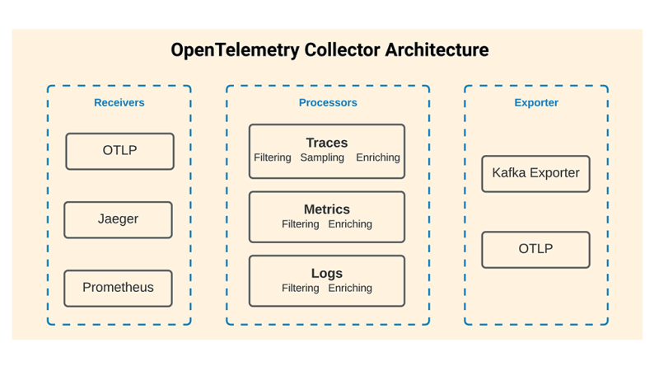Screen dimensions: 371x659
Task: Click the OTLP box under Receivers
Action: (119, 151)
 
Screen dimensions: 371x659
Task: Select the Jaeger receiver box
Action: (118, 219)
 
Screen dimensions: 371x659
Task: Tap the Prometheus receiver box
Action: (118, 288)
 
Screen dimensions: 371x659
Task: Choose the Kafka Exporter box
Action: (535, 173)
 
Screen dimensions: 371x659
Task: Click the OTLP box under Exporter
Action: (535, 249)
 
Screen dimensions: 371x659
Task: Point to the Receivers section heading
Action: (119, 103)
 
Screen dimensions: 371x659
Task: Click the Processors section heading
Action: (328, 103)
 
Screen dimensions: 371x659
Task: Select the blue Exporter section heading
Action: (536, 103)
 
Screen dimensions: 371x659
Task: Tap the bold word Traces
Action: (327, 143)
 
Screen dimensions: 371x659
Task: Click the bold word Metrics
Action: (327, 209)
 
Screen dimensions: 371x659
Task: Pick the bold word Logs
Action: (327, 273)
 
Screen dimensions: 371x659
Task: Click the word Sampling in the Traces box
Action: (322, 157)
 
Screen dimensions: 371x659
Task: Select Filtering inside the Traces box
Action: (273, 157)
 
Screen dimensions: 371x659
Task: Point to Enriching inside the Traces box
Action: (378, 157)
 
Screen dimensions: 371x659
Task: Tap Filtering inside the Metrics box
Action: (301, 224)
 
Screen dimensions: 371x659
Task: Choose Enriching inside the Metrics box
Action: (350, 224)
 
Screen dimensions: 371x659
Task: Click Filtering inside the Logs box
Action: (301, 289)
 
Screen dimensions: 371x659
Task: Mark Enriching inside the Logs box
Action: (350, 289)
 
